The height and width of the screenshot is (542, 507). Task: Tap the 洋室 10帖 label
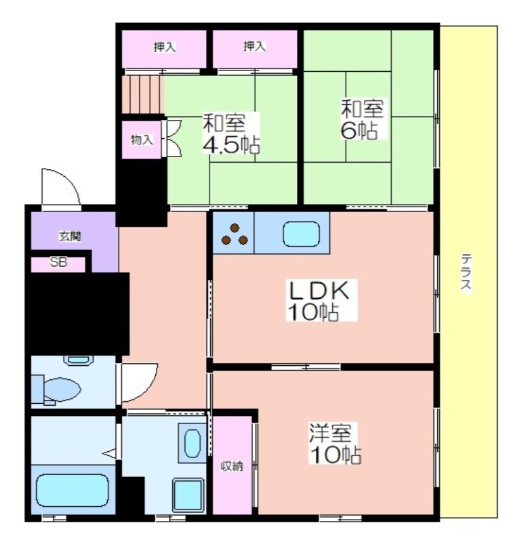coord(335,444)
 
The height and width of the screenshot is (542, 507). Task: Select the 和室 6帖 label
coord(362,119)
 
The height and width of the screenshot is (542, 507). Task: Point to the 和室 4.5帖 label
coord(230,133)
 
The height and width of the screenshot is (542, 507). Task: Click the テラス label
coord(466,274)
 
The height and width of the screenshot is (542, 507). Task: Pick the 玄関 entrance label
coord(70,236)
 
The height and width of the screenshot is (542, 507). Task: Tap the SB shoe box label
coord(58,262)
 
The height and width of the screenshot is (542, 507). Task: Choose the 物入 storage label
coord(142,140)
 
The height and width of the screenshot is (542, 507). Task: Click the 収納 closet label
coord(232,466)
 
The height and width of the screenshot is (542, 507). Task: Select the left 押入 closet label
coord(165,47)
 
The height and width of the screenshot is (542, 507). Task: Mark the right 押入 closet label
coord(255,46)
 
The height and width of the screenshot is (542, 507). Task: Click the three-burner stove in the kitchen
coord(235,234)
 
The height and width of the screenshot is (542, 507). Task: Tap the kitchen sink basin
coord(301,234)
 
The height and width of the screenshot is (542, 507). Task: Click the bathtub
coord(73,491)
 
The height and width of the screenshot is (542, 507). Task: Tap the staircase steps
coord(142,94)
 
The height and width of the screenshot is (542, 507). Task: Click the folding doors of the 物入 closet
coord(173,139)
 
